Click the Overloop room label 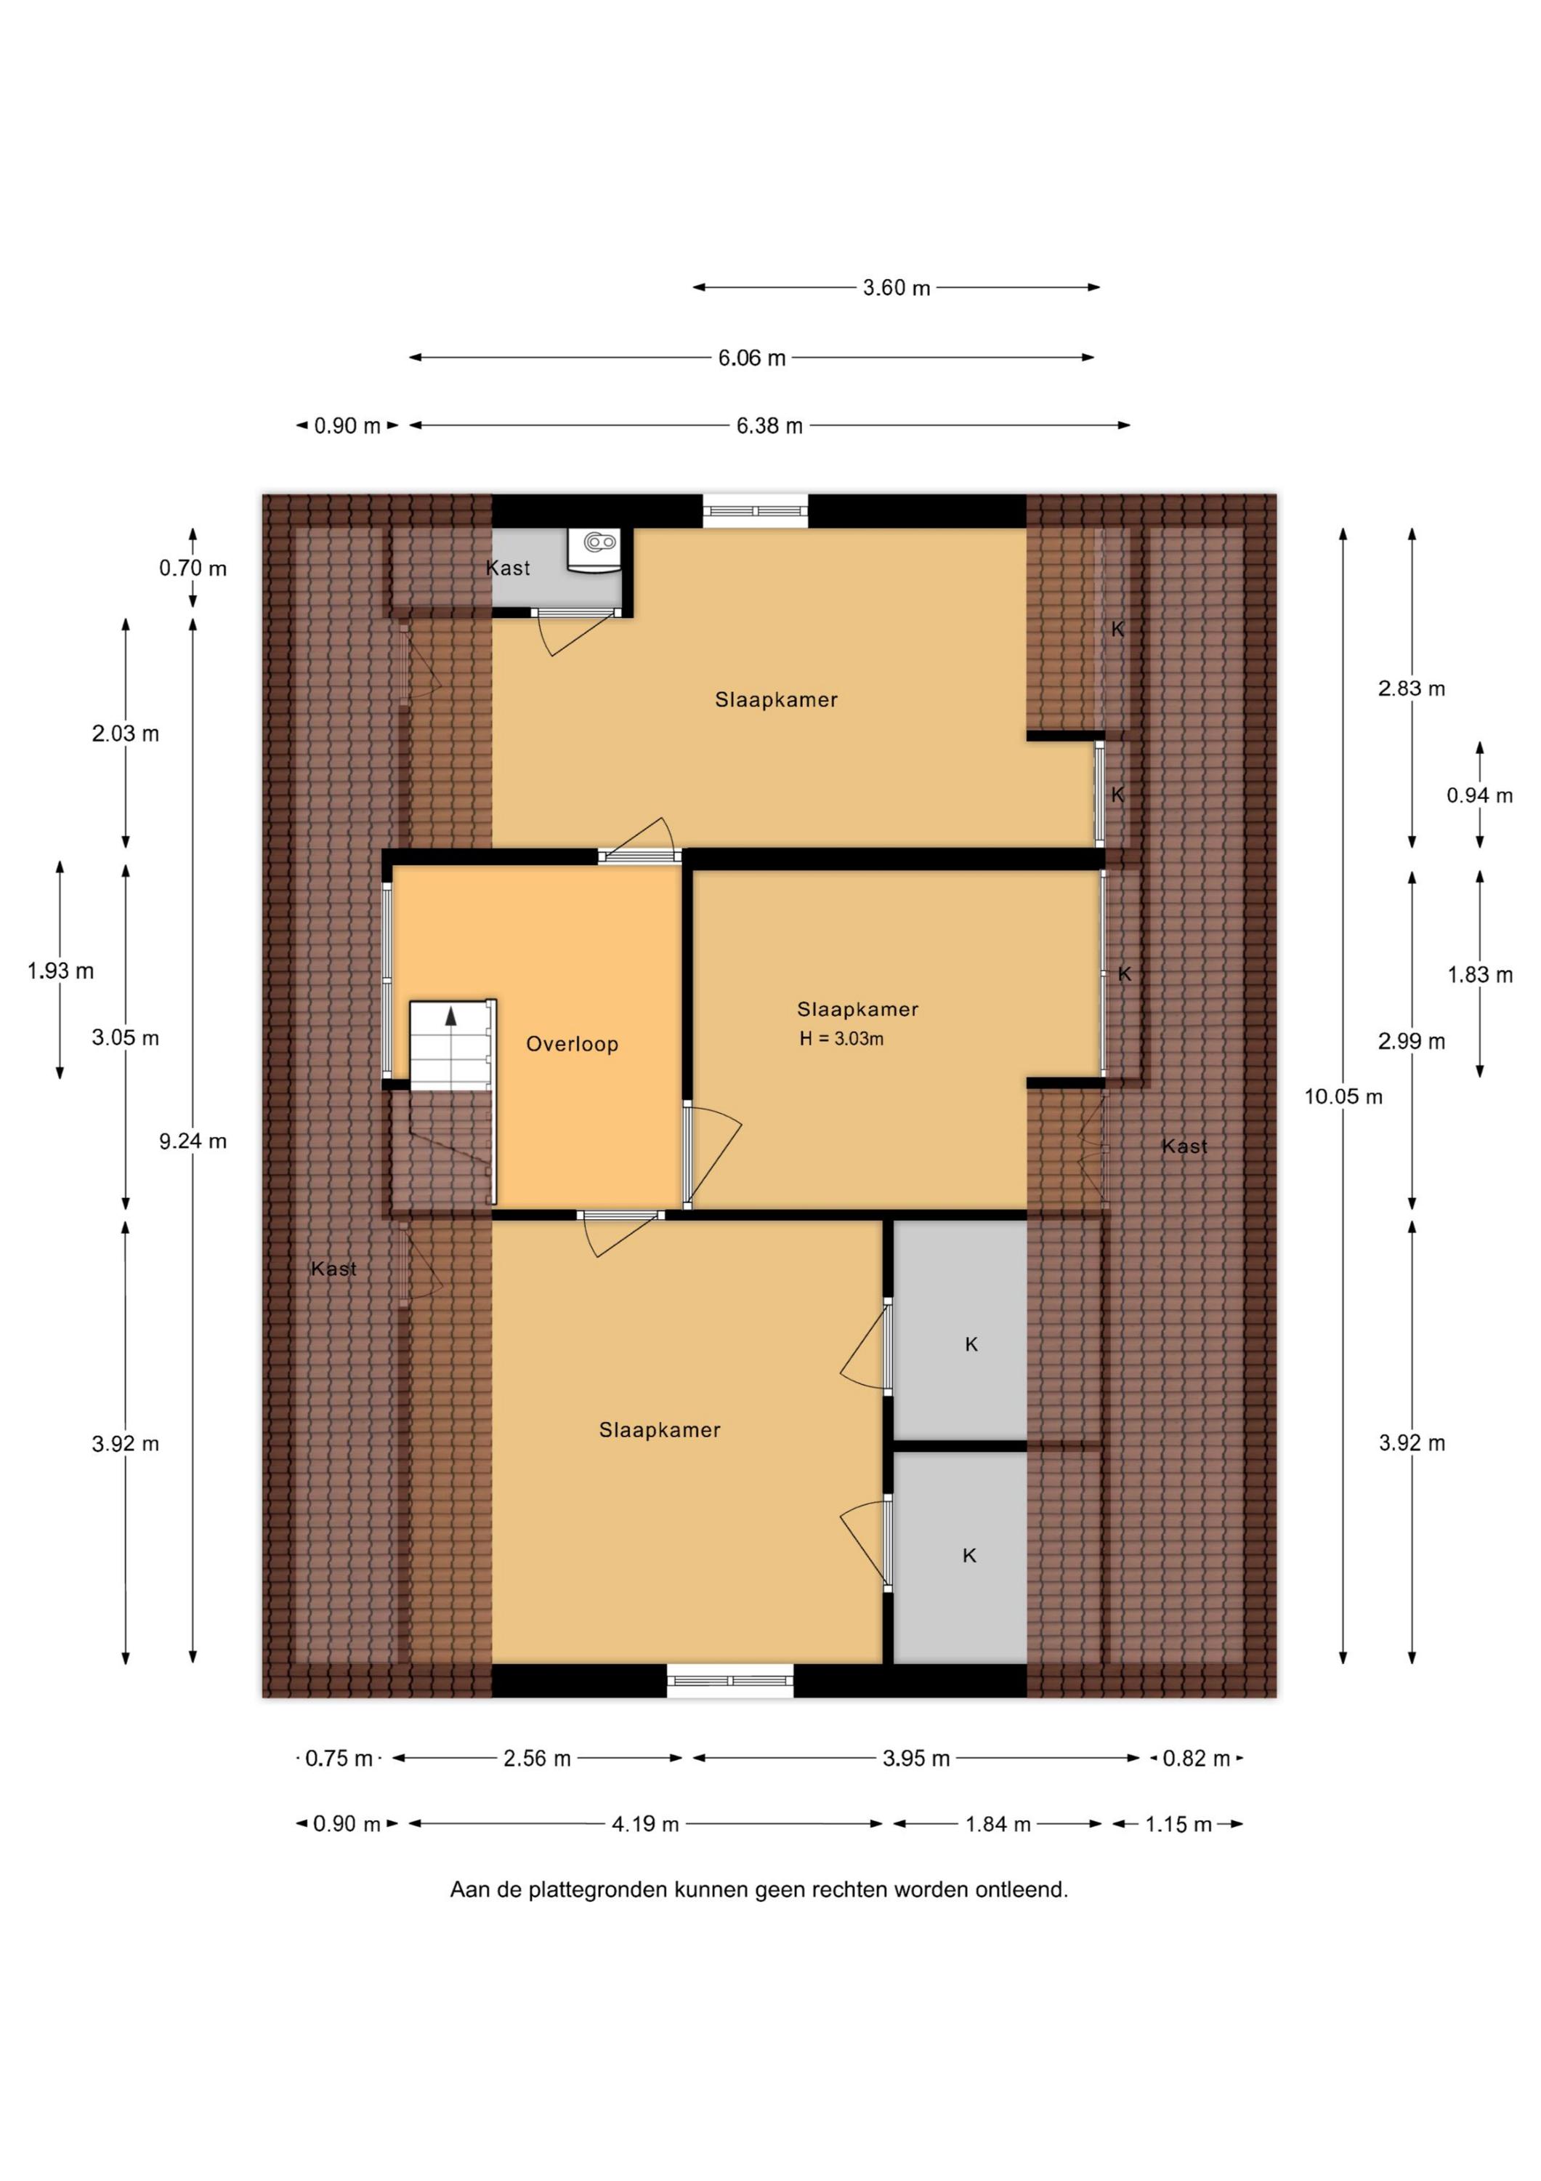coord(572,1044)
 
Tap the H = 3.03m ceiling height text coord(841,1039)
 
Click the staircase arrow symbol coord(451,1016)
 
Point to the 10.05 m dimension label coord(1343,1096)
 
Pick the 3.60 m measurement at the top coord(897,287)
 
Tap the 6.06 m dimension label coord(752,358)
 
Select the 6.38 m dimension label coord(770,425)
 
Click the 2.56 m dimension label coord(538,1759)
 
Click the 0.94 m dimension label coord(1479,795)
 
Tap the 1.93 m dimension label coord(61,971)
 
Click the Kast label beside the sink coord(508,568)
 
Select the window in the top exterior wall coord(756,511)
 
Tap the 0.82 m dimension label coord(1197,1759)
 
